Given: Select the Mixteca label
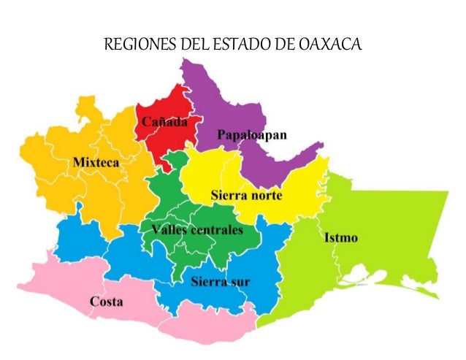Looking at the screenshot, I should tap(96, 162).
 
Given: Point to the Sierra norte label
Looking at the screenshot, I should tap(246, 196).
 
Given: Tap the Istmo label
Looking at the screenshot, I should tap(336, 238).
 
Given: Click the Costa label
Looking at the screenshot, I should tap(106, 302).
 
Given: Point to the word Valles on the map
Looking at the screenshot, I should tap(169, 230).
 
